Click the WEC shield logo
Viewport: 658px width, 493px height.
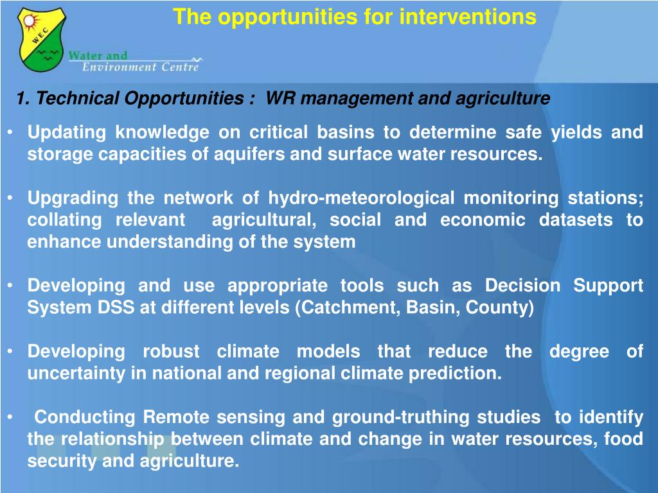(x=41, y=39)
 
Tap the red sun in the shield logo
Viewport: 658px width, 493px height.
(x=31, y=21)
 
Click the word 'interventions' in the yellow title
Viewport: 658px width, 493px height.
(x=468, y=17)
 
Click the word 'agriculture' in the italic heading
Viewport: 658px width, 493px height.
(x=502, y=98)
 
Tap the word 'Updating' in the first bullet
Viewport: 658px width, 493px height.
(x=67, y=132)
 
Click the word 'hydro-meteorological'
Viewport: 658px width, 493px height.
(x=361, y=198)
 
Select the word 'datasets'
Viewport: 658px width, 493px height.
(x=576, y=220)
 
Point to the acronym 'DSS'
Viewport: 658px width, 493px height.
(x=116, y=307)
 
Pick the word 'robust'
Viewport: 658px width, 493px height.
(x=171, y=351)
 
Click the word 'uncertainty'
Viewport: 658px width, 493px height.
(x=76, y=374)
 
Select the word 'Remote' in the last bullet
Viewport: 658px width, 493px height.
(x=176, y=417)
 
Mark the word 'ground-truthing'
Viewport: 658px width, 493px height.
(x=400, y=417)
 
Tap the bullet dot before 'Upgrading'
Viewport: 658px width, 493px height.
(x=10, y=198)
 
